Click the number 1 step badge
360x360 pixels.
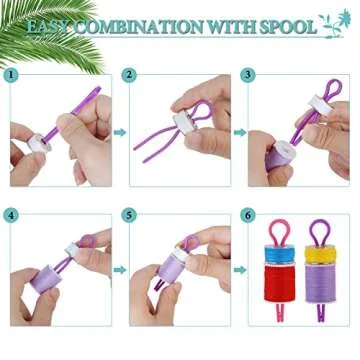point(11,75)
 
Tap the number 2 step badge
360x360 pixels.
point(130,75)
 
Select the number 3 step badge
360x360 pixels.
point(248,75)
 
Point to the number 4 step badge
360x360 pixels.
point(11,214)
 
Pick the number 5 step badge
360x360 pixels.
point(130,214)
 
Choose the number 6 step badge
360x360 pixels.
point(248,214)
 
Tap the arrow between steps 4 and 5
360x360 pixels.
point(118,269)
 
